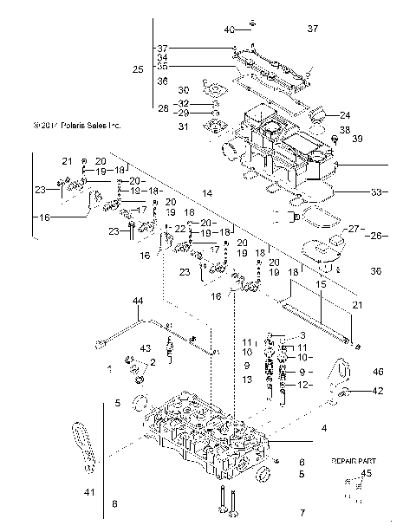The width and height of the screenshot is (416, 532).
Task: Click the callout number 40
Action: [x=229, y=29]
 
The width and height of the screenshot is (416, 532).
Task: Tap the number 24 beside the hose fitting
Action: [x=345, y=115]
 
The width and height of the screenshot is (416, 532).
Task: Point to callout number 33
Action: [x=375, y=191]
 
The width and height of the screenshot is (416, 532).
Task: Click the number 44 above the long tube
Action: [x=137, y=301]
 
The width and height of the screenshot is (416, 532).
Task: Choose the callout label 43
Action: [x=120, y=348]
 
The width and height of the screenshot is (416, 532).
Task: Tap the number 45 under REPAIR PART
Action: [x=366, y=473]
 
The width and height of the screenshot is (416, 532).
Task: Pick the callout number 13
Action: [x=247, y=379]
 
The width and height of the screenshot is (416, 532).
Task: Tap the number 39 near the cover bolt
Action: [x=356, y=139]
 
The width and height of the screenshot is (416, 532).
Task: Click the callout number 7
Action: [x=302, y=513]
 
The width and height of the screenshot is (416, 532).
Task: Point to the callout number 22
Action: [x=179, y=228]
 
